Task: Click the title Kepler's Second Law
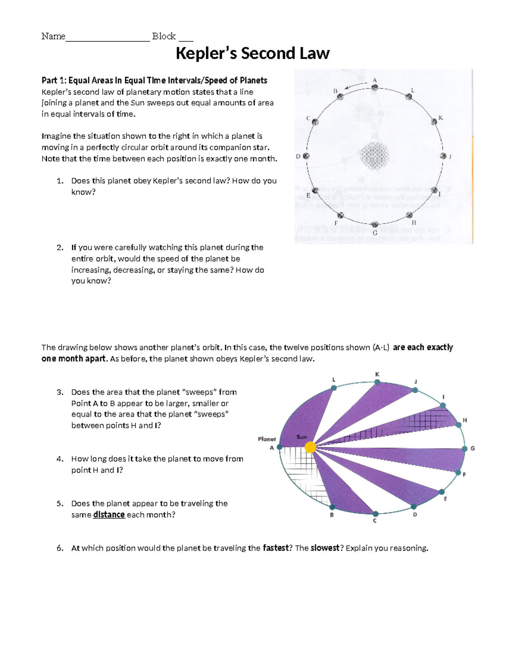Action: (252, 54)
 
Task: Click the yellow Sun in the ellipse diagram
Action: (310, 447)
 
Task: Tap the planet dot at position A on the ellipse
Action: (279, 447)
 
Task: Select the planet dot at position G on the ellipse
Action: (464, 449)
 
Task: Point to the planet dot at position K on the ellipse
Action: (377, 383)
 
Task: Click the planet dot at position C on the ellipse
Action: (375, 514)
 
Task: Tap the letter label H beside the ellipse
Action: (465, 420)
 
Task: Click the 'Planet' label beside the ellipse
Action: (266, 439)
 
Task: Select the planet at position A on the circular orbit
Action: (374, 88)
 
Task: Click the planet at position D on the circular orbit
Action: (307, 156)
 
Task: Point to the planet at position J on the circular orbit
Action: (443, 156)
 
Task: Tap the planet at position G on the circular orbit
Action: (374, 225)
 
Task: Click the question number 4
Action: (60, 459)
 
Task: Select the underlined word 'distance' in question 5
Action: (109, 515)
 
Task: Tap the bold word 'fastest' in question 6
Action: (276, 548)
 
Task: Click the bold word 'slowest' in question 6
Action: (325, 548)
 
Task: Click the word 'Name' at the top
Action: (53, 36)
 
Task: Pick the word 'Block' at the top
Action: (164, 36)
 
